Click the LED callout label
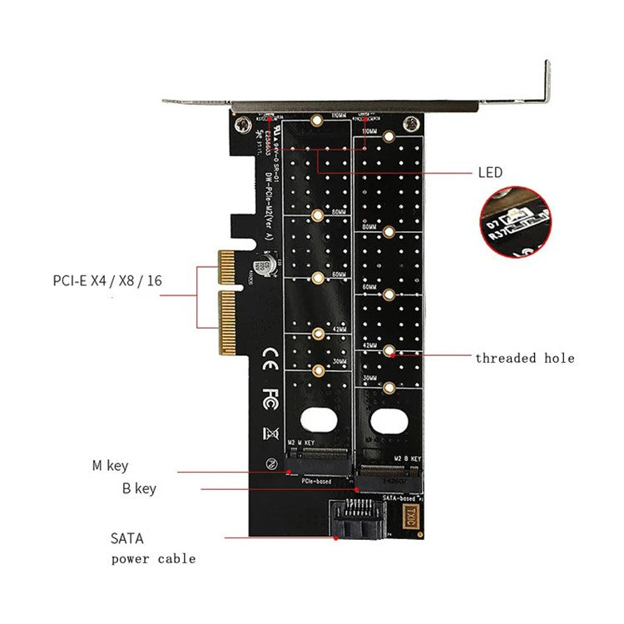point(490,172)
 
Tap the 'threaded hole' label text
point(524,358)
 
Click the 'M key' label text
point(110,466)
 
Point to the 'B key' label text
point(133,488)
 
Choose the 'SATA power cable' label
point(153,548)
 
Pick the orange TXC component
point(409,513)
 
